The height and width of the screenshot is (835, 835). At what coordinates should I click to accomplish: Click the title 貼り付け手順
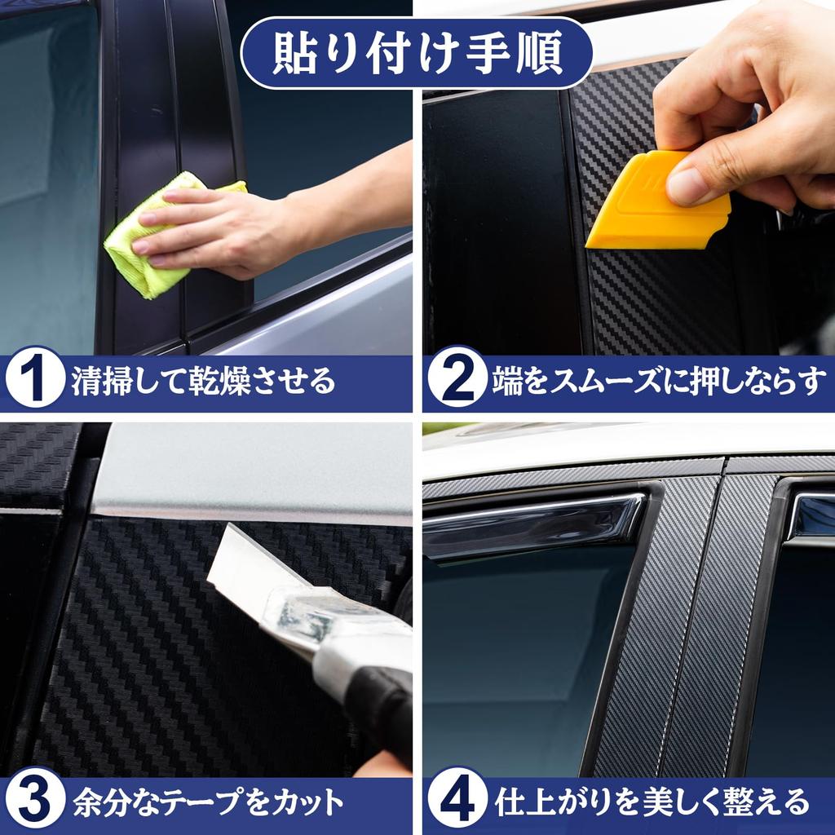(417, 52)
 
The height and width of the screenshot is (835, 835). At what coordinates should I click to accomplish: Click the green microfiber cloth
(147, 245)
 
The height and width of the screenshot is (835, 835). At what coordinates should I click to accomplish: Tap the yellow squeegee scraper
(652, 204)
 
